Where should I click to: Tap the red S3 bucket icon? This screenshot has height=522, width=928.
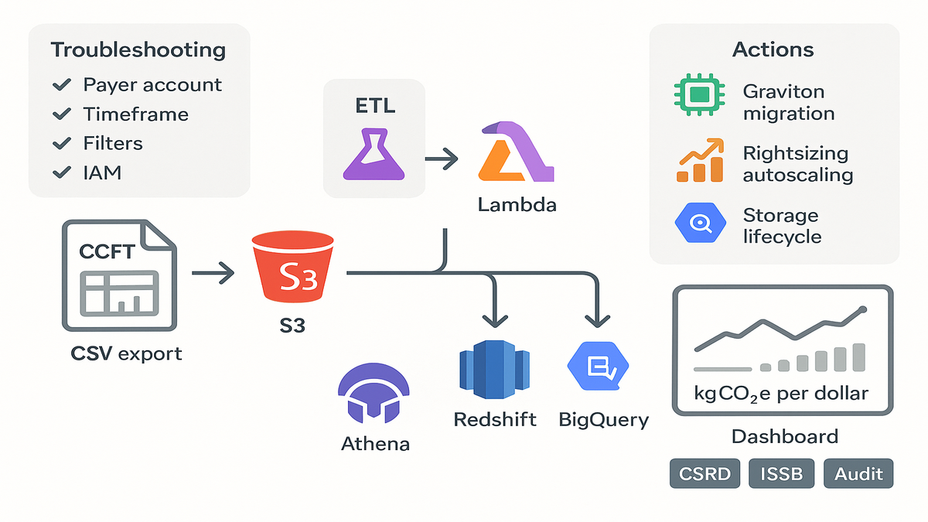[297, 270]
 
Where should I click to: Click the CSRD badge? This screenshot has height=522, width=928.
[705, 473]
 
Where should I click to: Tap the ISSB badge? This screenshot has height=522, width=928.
[782, 473]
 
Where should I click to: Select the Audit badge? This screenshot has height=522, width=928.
[858, 473]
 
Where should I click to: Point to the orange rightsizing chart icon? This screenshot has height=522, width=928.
[699, 161]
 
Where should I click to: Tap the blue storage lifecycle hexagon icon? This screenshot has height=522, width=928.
[699, 223]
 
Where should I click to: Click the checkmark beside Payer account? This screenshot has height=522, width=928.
[62, 85]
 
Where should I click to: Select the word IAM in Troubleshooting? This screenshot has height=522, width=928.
[103, 172]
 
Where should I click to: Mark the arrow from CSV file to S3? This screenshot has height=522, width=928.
[213, 271]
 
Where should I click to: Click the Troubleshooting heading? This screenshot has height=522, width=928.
[138, 50]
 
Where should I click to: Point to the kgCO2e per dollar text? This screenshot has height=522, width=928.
[781, 393]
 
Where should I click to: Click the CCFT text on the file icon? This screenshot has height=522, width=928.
[107, 252]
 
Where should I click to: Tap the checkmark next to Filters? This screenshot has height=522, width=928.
[62, 144]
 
